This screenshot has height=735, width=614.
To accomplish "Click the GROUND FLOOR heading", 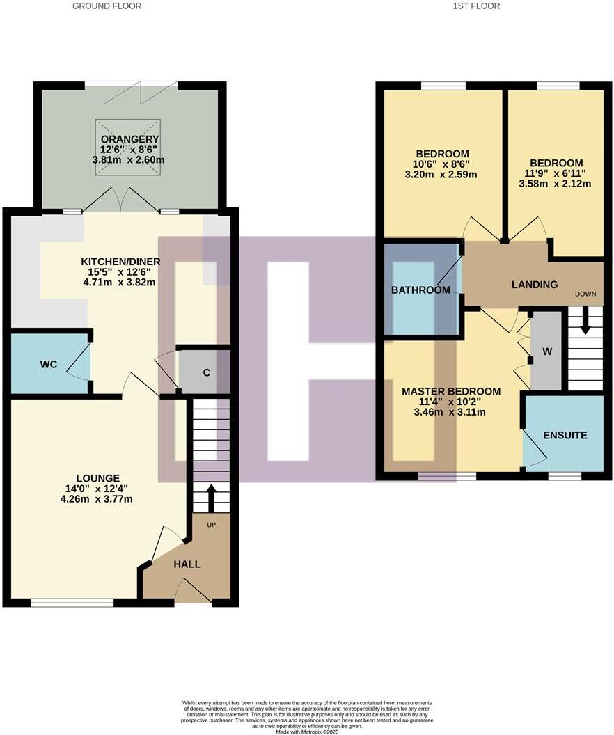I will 107,6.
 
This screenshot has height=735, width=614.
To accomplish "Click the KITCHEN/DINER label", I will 120,262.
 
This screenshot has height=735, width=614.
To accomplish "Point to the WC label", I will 48,364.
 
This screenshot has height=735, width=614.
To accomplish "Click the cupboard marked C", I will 206,372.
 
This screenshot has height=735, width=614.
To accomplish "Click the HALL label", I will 187,564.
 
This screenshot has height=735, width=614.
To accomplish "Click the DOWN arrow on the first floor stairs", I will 585,322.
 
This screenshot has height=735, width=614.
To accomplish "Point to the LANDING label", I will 535,284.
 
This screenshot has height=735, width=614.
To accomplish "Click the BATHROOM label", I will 420,290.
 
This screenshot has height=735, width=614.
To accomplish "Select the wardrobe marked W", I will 547,351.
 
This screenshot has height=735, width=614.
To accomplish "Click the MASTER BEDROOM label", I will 451,391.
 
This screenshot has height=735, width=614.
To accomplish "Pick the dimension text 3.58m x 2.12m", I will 555,184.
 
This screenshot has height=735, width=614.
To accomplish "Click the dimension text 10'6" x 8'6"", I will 442,164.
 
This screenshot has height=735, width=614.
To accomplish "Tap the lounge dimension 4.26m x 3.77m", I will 97,498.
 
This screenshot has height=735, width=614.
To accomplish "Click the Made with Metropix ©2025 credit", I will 306,732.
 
